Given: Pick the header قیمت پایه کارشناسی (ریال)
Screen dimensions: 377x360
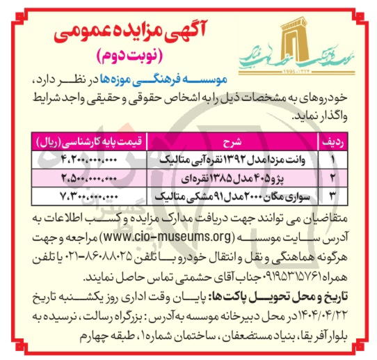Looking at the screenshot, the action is pyautogui.click(x=90, y=141).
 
